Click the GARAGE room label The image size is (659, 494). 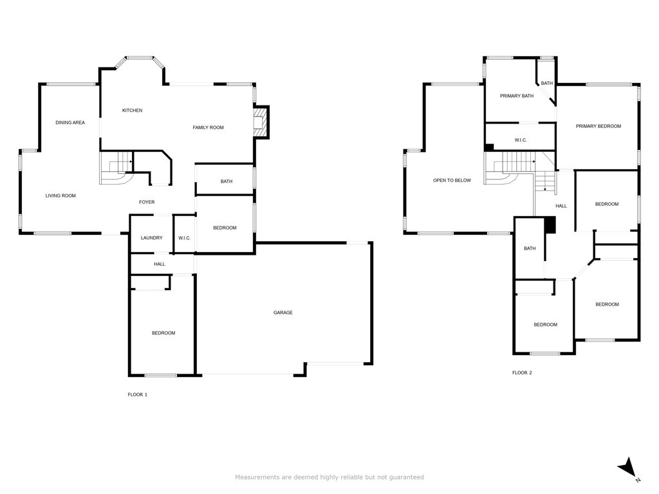(283, 313)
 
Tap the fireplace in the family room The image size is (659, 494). (260, 122)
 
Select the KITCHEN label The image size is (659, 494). (132, 111)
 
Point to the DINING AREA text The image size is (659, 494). (70, 122)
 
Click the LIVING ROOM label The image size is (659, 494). (60, 196)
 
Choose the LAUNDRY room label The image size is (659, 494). (152, 238)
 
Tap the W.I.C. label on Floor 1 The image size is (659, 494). (184, 238)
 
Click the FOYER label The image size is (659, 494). (147, 202)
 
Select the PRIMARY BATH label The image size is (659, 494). (517, 96)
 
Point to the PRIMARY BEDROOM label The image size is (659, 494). (599, 126)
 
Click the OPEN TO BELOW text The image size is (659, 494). (452, 181)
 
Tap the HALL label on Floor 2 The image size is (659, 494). (561, 206)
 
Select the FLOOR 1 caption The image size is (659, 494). (137, 394)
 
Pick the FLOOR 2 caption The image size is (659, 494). (522, 372)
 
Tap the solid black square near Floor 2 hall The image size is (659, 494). (550, 225)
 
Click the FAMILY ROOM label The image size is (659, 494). (208, 127)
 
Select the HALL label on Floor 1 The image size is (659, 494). (160, 264)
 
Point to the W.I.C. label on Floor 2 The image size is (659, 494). (521, 140)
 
